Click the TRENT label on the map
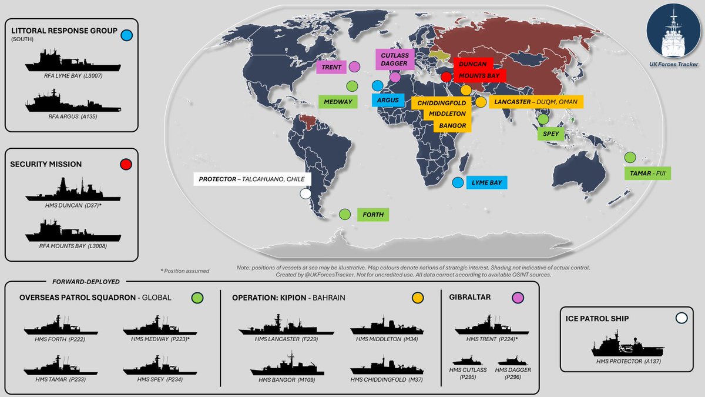pos(331,67)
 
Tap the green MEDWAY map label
pos(338,102)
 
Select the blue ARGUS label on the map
pos(388,100)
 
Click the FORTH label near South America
pos(373,215)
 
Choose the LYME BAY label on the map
pos(486,182)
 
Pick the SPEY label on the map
pos(550,134)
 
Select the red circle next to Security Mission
pos(125,165)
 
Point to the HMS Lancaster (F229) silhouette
pos(277,326)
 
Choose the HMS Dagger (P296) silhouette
pos(509,361)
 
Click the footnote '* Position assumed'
pos(184,271)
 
